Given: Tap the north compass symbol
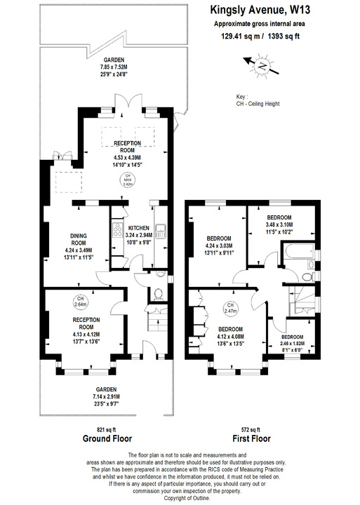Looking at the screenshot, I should (x=260, y=66).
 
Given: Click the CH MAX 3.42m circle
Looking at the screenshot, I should (x=128, y=180).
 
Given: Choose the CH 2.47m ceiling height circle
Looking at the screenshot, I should (x=229, y=307).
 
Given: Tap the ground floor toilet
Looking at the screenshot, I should (x=160, y=293).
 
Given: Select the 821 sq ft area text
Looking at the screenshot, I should (x=107, y=429).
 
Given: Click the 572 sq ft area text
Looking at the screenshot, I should (x=250, y=429).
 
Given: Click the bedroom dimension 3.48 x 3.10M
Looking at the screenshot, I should (x=282, y=224).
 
